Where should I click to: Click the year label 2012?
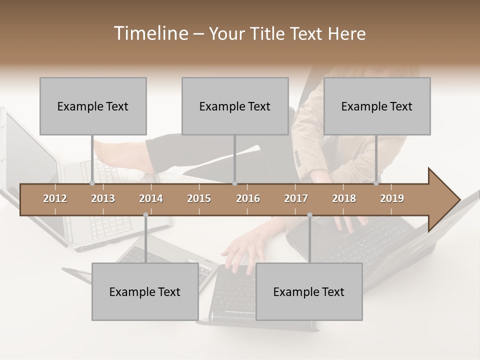tap(55, 198)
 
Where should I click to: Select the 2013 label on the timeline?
tap(103, 198)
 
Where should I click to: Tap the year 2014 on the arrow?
tap(151, 198)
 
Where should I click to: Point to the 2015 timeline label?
tap(199, 198)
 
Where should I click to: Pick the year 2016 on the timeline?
tap(248, 198)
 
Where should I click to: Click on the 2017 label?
tap(296, 198)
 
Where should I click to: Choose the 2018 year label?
tap(344, 198)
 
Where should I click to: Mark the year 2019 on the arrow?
tap(392, 198)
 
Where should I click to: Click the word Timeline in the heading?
tap(150, 33)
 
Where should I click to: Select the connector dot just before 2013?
tap(92, 183)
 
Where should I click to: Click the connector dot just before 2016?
tap(234, 183)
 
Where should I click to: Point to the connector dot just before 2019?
tap(376, 183)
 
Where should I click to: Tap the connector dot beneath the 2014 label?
tap(145, 215)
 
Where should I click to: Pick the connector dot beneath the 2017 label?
tap(309, 215)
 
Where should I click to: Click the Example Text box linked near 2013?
tap(93, 106)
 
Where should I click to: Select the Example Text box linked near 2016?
tap(235, 106)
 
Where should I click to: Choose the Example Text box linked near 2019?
tap(377, 106)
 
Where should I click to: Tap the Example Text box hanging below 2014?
tap(145, 291)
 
